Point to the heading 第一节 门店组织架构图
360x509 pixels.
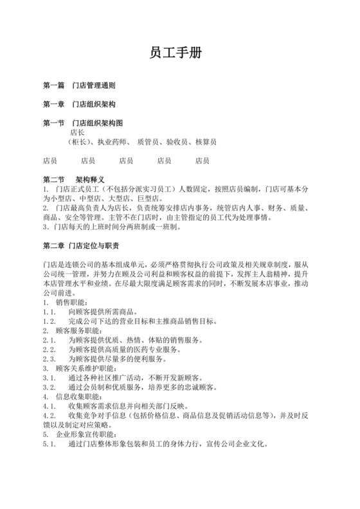[82, 123]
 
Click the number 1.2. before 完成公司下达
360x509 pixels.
[49, 321]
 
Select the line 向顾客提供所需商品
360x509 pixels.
[104, 312]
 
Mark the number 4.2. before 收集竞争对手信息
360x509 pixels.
[49, 416]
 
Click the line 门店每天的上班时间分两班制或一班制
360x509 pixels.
[118, 227]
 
